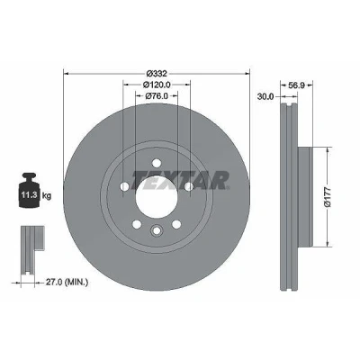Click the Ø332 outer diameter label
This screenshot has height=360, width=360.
tap(157, 73)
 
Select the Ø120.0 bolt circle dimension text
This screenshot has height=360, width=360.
tap(157, 85)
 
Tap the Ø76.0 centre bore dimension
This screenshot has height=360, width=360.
tap(157, 96)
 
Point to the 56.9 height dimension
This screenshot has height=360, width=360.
tap(296, 85)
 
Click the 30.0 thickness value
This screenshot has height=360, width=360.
tap(265, 96)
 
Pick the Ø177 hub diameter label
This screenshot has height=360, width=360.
tap(328, 196)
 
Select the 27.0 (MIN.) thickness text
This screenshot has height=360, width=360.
tap(67, 282)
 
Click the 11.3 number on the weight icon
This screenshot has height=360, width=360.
tap(29, 195)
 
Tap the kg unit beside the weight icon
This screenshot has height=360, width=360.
tap(47, 196)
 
